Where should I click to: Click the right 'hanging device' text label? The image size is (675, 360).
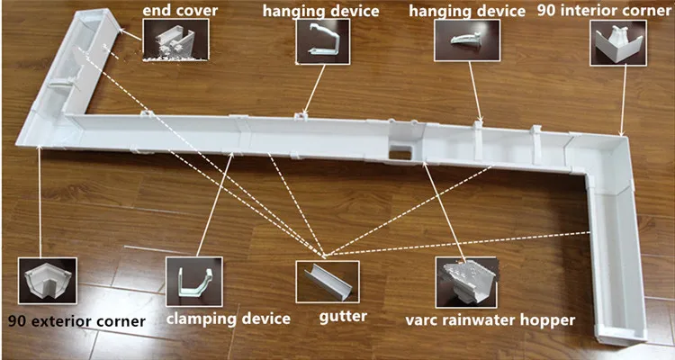[466, 12]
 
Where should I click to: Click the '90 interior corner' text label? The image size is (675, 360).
[604, 12]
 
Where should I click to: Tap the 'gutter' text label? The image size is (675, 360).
[342, 317]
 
